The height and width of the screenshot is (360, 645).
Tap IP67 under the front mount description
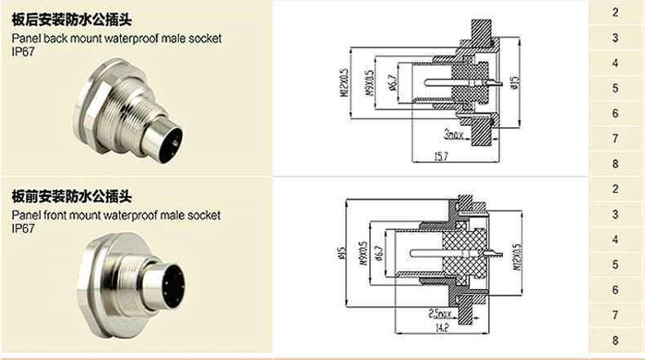coord(24,229)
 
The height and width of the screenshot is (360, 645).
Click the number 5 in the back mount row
coord(616,88)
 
